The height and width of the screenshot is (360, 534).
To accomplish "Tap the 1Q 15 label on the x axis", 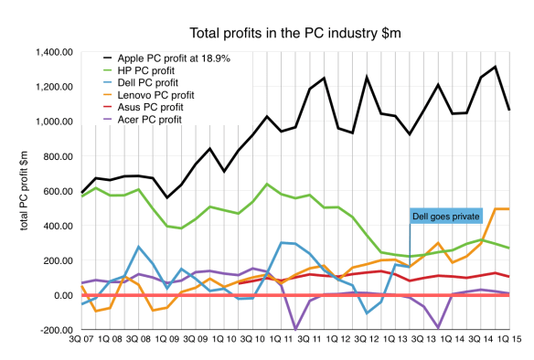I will [508, 347].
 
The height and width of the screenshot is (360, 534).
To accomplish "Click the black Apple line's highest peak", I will [495, 66].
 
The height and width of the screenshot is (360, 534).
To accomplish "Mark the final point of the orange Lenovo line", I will [509, 209].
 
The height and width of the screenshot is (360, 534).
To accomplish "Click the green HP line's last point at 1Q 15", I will [509, 249].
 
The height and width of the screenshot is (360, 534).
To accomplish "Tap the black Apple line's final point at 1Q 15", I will [509, 111].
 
